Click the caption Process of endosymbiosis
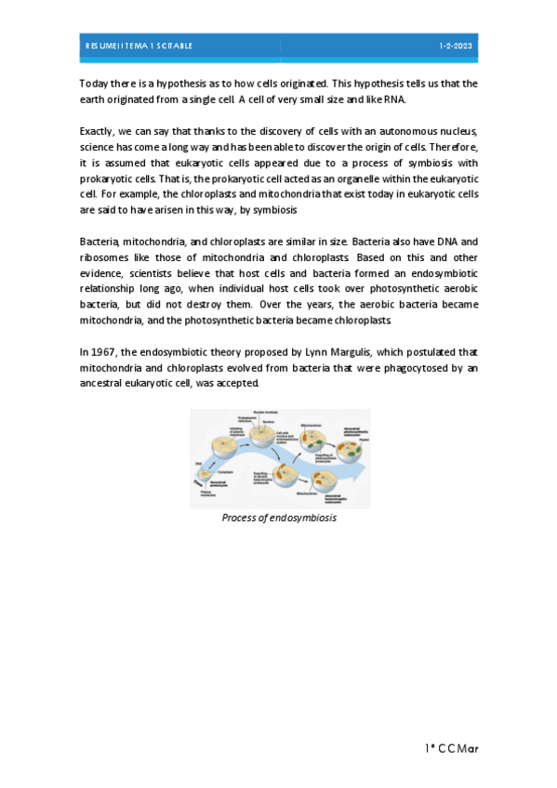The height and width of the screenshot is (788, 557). pyautogui.click(x=279, y=518)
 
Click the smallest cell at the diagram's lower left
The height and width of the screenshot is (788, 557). pyautogui.click(x=202, y=477)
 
